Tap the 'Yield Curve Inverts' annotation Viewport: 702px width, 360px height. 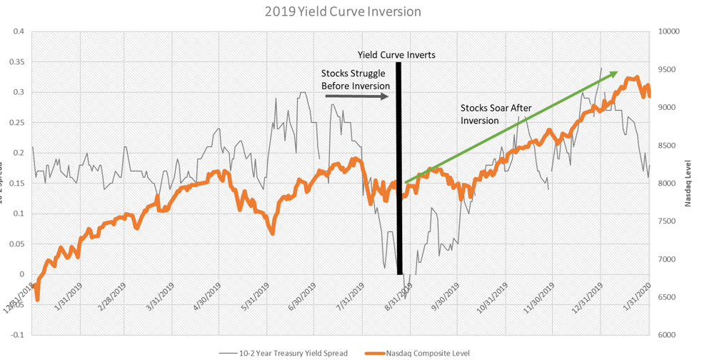click(396, 54)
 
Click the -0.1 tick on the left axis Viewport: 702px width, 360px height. click(16, 334)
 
